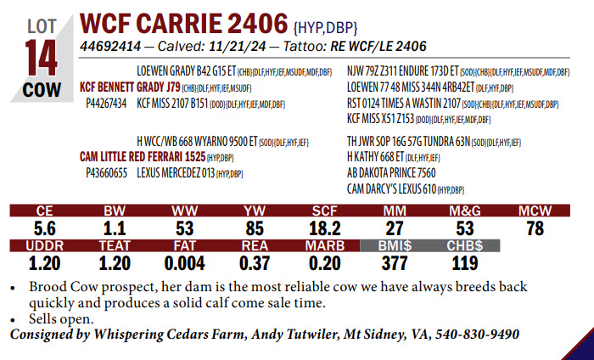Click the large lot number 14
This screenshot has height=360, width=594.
(x=40, y=59)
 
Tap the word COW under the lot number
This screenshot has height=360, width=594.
(x=40, y=90)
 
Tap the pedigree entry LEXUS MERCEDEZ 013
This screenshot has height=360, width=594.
(x=176, y=172)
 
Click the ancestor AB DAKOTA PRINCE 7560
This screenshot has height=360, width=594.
(x=392, y=172)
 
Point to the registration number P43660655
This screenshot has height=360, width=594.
(x=107, y=172)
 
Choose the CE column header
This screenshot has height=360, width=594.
(x=47, y=210)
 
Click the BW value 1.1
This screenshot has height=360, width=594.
(x=115, y=228)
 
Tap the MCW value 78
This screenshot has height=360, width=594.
(x=535, y=228)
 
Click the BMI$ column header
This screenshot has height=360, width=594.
(x=395, y=246)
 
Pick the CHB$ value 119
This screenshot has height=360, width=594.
(x=464, y=263)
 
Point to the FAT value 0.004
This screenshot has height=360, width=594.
(x=184, y=263)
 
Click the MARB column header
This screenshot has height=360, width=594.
(x=324, y=246)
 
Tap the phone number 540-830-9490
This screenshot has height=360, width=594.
(x=478, y=335)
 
